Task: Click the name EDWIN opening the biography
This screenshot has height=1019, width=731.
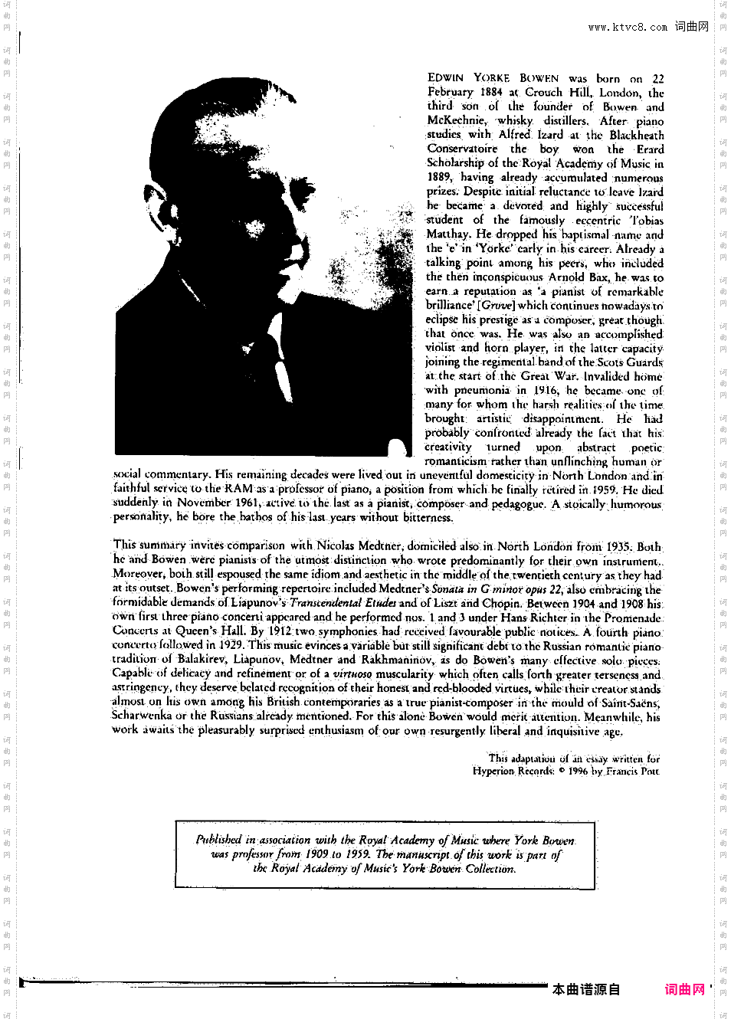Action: pos(445,78)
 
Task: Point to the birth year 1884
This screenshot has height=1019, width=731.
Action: pos(491,92)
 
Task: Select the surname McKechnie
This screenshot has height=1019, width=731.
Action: pos(456,120)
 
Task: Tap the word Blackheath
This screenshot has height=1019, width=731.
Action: pos(637,135)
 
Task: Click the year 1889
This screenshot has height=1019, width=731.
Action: pos(439,177)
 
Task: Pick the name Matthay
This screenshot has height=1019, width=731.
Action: pos(447,234)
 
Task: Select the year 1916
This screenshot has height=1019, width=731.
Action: pos(546,390)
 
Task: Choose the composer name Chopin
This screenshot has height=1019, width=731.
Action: pos(500,603)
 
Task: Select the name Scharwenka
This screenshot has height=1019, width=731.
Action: pos(143,716)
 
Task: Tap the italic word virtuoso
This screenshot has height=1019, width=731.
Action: pos(352,674)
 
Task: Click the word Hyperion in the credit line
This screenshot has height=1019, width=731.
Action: pos(493,771)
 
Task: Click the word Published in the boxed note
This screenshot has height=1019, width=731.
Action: pos(218,840)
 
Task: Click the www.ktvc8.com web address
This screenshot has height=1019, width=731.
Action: pos(628,27)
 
